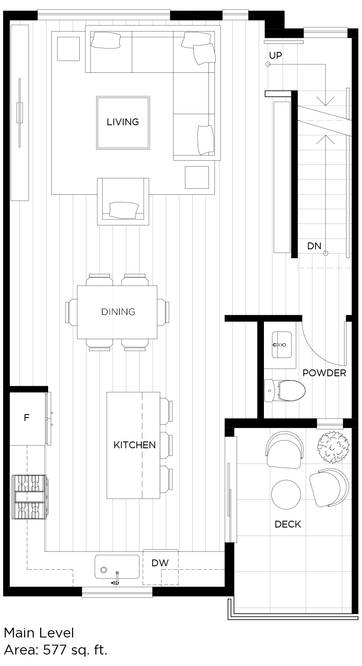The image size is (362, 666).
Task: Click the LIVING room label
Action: click(x=123, y=122)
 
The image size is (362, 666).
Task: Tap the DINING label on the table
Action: click(x=118, y=312)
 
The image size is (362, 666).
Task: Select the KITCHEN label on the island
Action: click(x=134, y=445)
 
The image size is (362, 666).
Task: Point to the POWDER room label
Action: click(x=324, y=373)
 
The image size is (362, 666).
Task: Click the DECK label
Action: click(x=288, y=524)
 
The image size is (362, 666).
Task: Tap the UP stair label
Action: click(x=275, y=55)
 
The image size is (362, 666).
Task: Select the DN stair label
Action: click(x=314, y=246)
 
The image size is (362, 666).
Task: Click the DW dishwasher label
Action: click(x=160, y=563)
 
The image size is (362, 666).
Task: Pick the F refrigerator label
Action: click(x=26, y=418)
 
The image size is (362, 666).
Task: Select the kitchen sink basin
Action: click(x=117, y=567)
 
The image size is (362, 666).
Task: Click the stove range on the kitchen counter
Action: click(x=29, y=497)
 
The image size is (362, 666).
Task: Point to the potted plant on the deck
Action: click(x=333, y=447)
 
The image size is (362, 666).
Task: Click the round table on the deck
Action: click(x=286, y=495)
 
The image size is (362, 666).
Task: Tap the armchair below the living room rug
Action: click(x=123, y=202)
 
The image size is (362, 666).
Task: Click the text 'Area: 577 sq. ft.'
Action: click(x=55, y=650)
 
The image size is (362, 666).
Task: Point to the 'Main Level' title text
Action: click(x=39, y=633)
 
